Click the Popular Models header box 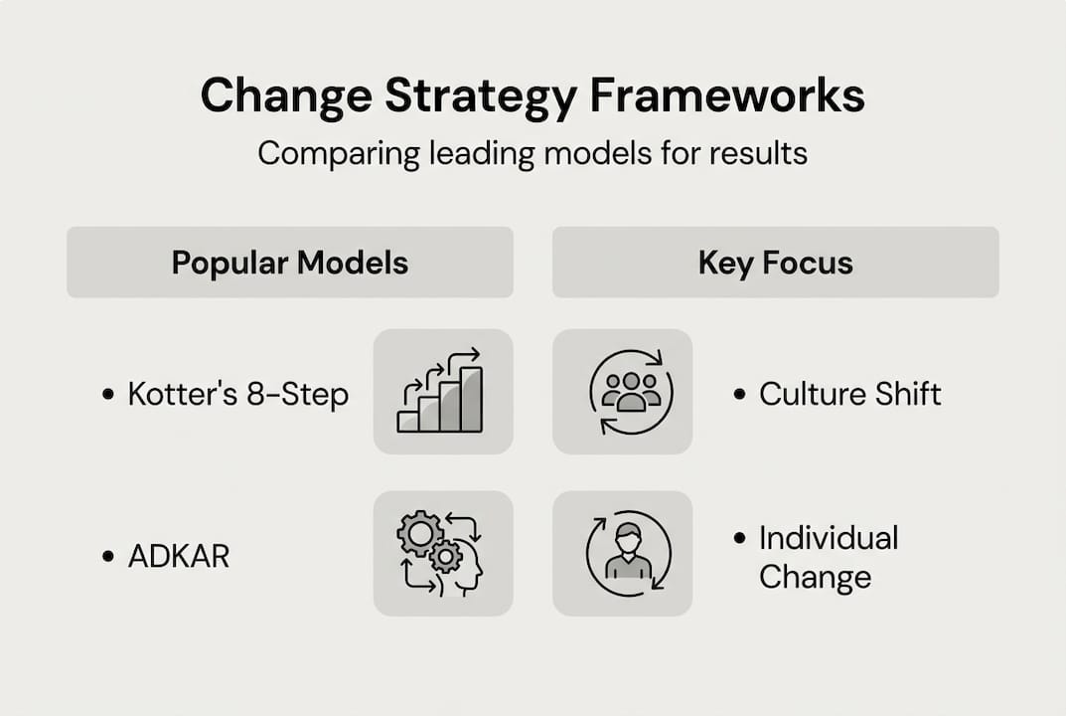pyautogui.click(x=289, y=263)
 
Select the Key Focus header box pyautogui.click(x=775, y=263)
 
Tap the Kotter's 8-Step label pyautogui.click(x=238, y=395)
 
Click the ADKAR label pyautogui.click(x=179, y=556)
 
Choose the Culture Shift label pyautogui.click(x=849, y=394)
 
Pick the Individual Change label pyautogui.click(x=828, y=558)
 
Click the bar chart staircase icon pyautogui.click(x=442, y=392)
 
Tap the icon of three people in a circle pyautogui.click(x=631, y=392)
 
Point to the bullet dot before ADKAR pyautogui.click(x=108, y=556)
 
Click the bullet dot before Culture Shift pyautogui.click(x=739, y=395)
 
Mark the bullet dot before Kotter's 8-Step pyautogui.click(x=108, y=395)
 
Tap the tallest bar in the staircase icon pyautogui.click(x=471, y=399)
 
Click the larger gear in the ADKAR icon pyautogui.click(x=419, y=534)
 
